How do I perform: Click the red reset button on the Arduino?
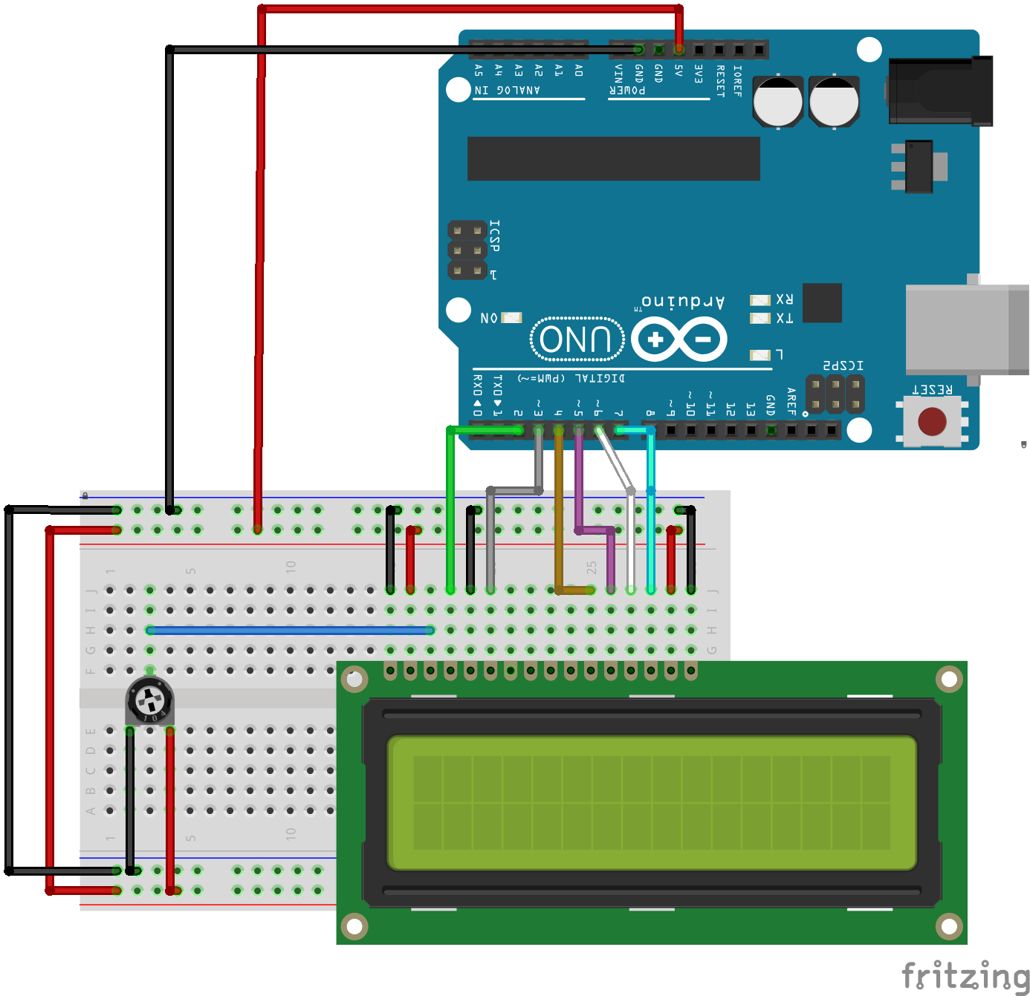coord(932,421)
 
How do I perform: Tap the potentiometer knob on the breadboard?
coord(149,700)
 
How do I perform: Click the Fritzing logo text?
coord(965,975)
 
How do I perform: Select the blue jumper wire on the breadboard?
coord(290,631)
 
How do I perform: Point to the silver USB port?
coord(965,328)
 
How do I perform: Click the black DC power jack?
coord(941,91)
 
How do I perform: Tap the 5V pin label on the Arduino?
coord(678,71)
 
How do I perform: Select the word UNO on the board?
coord(576,339)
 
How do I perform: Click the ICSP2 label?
coord(843,365)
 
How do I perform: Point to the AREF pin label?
coord(791,401)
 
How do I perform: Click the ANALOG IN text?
coord(508,91)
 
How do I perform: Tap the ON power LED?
coord(511,318)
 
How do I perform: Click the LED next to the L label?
coord(759,355)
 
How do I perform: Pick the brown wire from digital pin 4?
coord(559,520)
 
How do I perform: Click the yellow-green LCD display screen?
coord(652,802)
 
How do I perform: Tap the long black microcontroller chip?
coord(613,158)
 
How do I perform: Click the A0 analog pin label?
coord(579,71)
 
